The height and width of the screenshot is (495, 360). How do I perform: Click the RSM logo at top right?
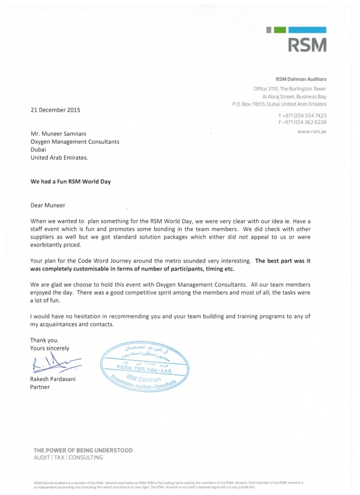click(307, 44)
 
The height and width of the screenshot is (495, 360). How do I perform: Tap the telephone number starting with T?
click(302, 115)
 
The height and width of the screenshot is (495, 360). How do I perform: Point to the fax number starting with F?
click(302, 122)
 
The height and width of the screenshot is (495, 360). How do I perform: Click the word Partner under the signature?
click(40, 387)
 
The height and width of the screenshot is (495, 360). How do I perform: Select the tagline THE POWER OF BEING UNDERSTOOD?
click(83, 450)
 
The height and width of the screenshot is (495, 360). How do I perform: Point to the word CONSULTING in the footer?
click(85, 457)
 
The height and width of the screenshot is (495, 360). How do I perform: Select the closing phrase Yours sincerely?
click(50, 348)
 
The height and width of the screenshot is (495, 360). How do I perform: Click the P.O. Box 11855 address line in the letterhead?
click(279, 104)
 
